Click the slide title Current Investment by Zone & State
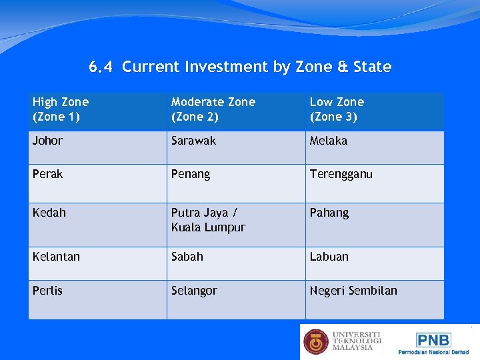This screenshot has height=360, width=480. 240,67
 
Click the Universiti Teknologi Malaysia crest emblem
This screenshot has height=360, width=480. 316,341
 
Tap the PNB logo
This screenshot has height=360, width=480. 433,340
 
